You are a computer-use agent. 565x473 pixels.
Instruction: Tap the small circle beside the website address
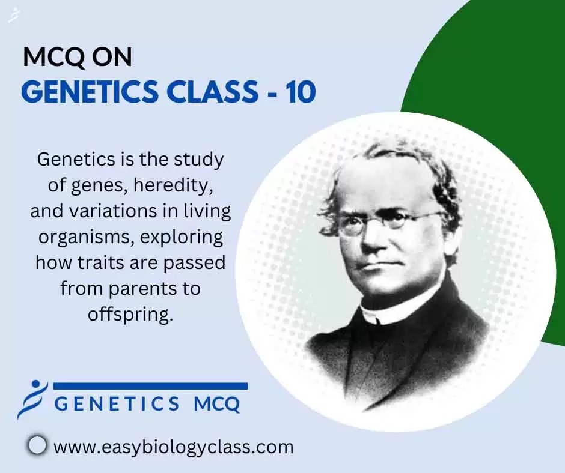[x=37, y=445]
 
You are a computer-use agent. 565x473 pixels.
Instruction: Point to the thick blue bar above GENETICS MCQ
[x=150, y=386]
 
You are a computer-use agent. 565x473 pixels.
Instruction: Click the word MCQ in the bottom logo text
[x=217, y=403]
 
